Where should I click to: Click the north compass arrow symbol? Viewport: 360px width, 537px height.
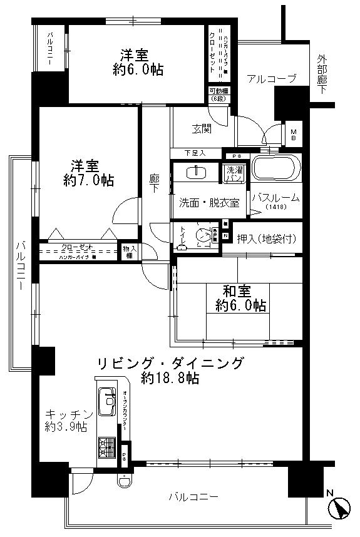(341, 506)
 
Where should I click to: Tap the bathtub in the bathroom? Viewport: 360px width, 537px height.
(276, 168)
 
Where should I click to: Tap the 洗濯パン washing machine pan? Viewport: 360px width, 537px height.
(234, 173)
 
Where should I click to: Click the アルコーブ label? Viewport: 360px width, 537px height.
(271, 79)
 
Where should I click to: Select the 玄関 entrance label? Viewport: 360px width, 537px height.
(202, 129)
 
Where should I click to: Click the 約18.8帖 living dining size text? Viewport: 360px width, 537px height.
(170, 377)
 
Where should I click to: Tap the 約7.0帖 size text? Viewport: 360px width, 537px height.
(88, 180)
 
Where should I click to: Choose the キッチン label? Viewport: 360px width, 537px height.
(69, 414)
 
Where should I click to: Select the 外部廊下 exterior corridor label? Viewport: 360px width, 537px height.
(322, 74)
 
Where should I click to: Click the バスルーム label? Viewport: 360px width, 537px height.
(275, 198)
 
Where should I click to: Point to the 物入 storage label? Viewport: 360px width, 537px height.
(129, 251)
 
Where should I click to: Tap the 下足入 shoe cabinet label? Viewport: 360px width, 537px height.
(195, 153)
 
